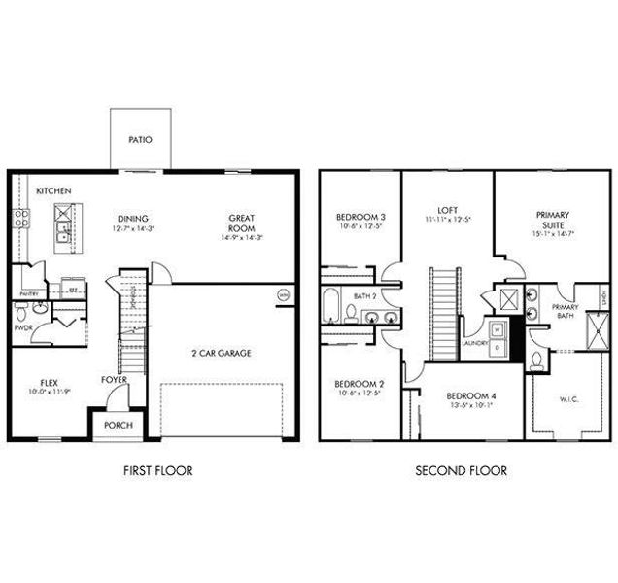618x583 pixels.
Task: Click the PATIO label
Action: pos(140,140)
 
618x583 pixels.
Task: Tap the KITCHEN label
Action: pos(53,191)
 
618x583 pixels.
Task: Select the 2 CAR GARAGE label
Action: pos(221,353)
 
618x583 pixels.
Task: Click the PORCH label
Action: pos(118,425)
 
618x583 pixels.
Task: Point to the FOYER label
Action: pos(115,380)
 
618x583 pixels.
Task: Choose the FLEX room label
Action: pos(51,383)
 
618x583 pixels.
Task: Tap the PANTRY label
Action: pos(28,292)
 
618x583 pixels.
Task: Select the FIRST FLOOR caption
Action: pos(158,471)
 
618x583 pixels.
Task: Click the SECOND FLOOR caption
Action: pos(462,471)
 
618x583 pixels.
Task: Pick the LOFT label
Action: pos(448,209)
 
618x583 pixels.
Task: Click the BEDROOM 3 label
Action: pos(360,217)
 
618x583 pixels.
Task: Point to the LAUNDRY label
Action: pos(475,343)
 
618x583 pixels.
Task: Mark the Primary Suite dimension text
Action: pos(552,234)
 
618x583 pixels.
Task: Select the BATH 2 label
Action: pos(364,296)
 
